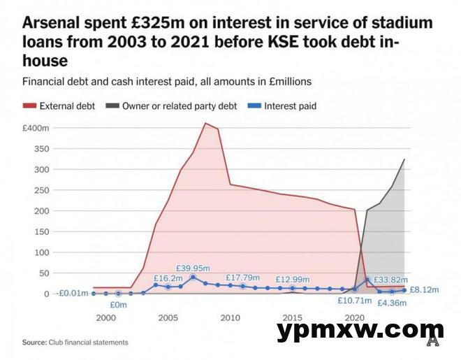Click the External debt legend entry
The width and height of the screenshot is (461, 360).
click(59, 106)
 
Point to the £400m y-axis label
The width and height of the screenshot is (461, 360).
click(36, 129)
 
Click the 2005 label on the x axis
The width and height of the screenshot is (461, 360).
click(168, 318)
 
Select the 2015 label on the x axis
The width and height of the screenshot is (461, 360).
click(292, 318)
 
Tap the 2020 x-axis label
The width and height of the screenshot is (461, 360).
click(354, 318)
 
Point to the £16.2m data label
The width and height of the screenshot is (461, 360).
click(168, 278)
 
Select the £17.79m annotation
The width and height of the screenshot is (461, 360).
click(244, 278)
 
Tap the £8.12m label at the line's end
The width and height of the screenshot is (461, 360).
click(423, 289)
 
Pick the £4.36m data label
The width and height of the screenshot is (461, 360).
click(392, 303)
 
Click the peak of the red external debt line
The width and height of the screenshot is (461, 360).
click(205, 124)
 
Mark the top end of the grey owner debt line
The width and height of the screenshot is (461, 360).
click(404, 160)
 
